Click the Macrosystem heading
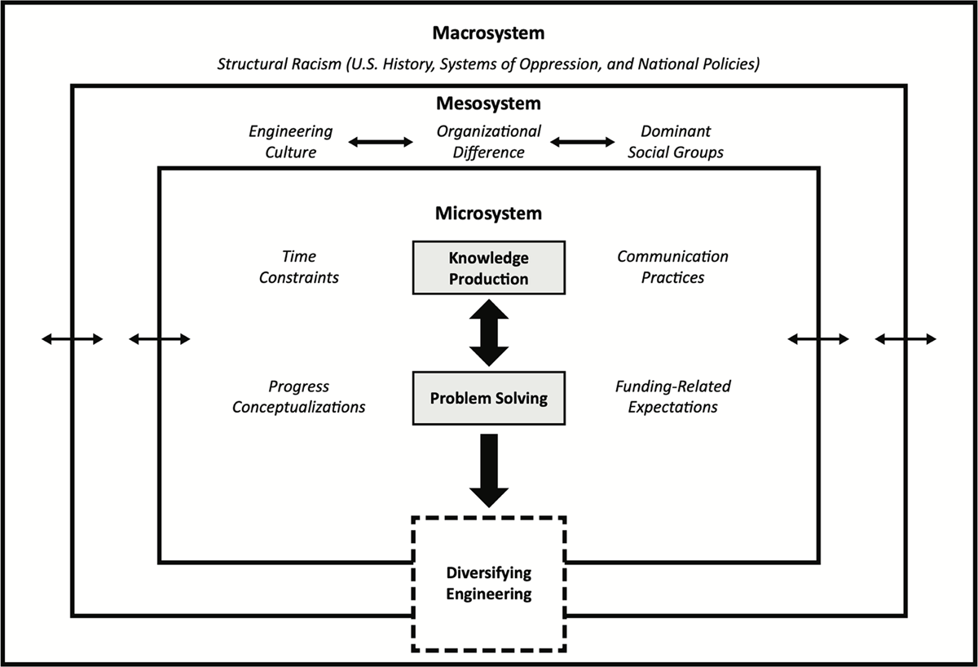coord(488,33)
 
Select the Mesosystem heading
coord(488,104)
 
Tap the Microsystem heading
coord(488,214)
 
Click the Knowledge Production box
coord(488,267)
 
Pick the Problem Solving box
coord(488,398)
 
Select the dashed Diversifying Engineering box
coord(488,584)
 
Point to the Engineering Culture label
coord(290,142)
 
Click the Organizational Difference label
coord(488,142)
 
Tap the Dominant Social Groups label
coord(676,142)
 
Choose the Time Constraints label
coord(298,267)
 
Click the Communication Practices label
coord(672,267)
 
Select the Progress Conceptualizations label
coord(298,396)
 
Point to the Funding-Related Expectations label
coord(673,396)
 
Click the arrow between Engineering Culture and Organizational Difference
coord(381,142)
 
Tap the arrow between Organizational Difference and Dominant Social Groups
coord(583,142)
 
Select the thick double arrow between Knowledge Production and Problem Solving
coord(489,333)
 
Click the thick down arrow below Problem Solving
coord(489,470)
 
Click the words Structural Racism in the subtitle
coord(280,64)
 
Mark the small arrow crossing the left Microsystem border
coord(160,339)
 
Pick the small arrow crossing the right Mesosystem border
coord(905,339)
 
